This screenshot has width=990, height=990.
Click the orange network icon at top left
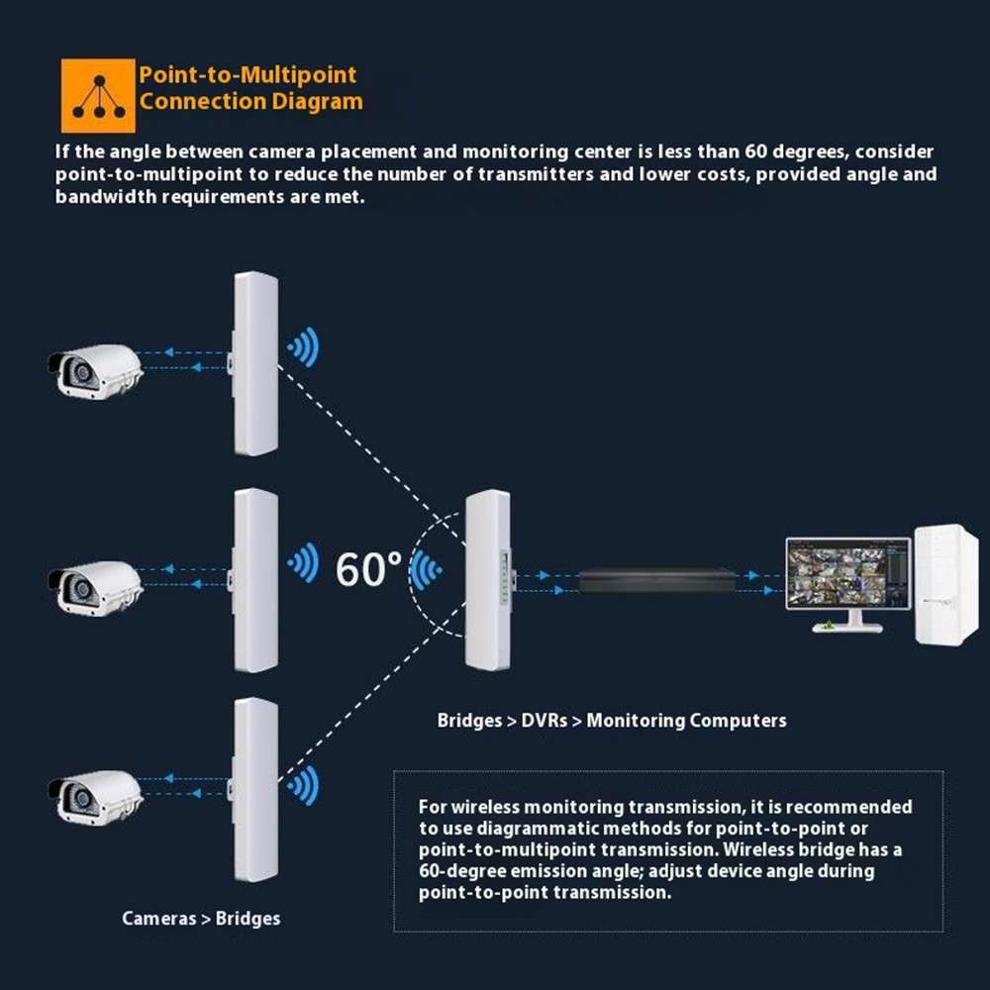coord(98,95)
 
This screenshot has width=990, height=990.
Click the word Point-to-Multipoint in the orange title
coord(247,75)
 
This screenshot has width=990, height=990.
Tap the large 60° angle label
coord(368,569)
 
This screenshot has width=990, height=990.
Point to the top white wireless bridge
coord(253,363)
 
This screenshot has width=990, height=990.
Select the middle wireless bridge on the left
coord(253,580)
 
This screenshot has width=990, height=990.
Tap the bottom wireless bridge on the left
coord(253,790)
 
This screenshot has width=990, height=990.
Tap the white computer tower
coord(944,583)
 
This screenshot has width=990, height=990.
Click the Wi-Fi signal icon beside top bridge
coord(303,347)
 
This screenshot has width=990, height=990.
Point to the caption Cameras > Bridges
coord(201,919)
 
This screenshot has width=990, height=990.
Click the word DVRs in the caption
coord(544,721)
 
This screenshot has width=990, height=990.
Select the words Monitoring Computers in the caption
coord(686,721)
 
